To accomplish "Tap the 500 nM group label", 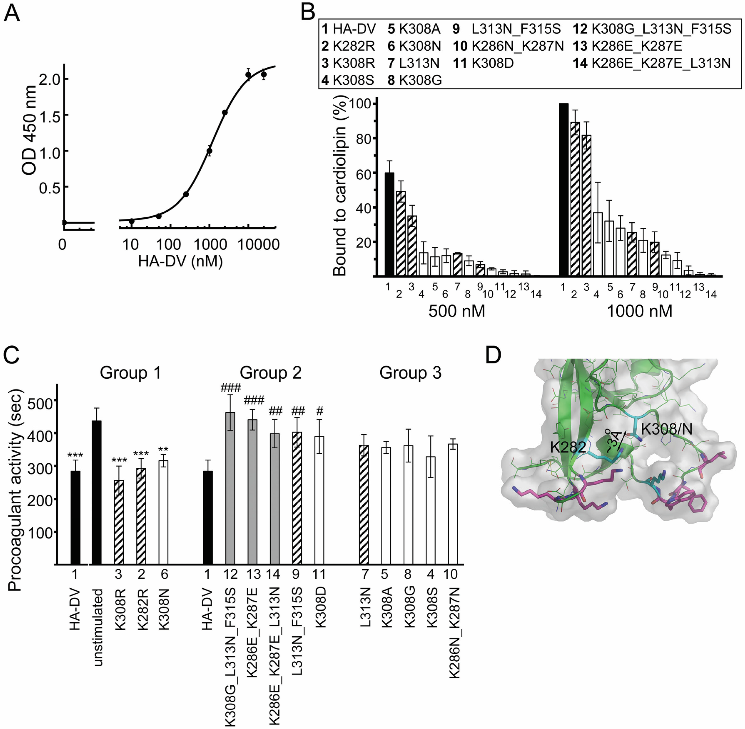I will tap(456, 311).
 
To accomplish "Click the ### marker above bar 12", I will tap(231, 388).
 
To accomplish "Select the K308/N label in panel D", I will tap(667, 429).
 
